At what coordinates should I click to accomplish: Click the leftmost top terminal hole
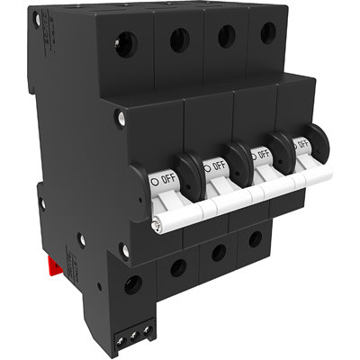[126, 43]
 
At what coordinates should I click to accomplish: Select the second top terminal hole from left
[180, 39]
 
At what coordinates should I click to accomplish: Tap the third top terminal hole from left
[227, 36]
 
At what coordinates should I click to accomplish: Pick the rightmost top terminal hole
[268, 33]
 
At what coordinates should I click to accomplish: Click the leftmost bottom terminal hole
[133, 284]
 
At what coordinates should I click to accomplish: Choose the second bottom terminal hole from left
[178, 267]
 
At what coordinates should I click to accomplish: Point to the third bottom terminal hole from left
[219, 253]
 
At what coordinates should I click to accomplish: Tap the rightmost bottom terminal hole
[256, 239]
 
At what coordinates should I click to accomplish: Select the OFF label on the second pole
[217, 165]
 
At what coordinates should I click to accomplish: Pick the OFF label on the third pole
[263, 154]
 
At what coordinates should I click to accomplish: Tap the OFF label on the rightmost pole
[302, 143]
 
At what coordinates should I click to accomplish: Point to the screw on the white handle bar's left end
[158, 226]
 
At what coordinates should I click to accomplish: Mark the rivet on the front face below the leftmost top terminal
[120, 116]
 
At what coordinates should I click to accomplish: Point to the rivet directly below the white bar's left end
[124, 249]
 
